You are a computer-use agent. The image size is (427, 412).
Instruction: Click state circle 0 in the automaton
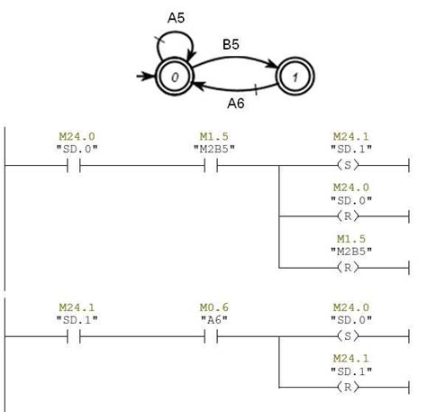pos(174,77)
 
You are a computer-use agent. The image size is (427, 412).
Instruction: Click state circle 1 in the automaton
pos(295,77)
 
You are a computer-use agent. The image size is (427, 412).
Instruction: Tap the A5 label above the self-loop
pos(176,18)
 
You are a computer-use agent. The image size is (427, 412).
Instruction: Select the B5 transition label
pos(231,44)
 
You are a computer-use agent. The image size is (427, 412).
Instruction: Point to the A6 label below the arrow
pos(236,104)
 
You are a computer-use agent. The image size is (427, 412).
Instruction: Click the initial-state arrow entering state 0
pos(145,77)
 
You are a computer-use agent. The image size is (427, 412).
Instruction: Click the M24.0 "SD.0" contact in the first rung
pos(74,165)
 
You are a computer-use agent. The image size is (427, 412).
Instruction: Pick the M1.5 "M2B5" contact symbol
pos(211,165)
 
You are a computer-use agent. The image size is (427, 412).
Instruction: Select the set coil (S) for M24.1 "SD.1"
pos(348,165)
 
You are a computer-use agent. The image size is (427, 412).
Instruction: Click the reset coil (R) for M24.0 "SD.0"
pos(348,216)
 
